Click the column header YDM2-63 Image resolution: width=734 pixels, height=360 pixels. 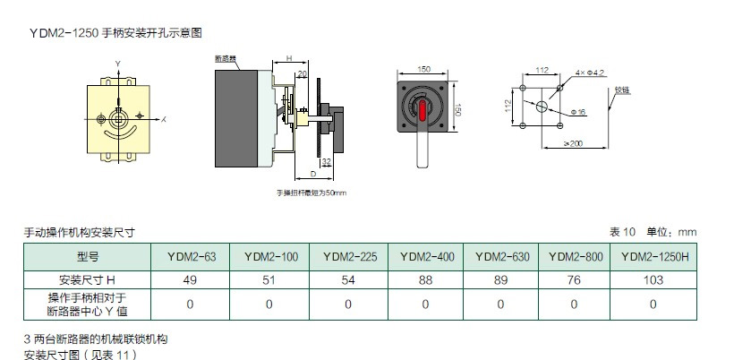pyautogui.click(x=191, y=256)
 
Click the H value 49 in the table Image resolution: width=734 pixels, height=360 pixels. pyautogui.click(x=191, y=279)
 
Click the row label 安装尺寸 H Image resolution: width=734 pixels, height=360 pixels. pyautogui.click(x=88, y=279)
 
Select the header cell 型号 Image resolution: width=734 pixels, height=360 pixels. pyautogui.click(x=88, y=256)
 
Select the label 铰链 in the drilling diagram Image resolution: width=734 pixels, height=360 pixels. pyautogui.click(x=623, y=90)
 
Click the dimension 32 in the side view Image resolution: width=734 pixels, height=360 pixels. pyautogui.click(x=326, y=162)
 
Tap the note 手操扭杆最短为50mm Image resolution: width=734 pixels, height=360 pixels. pyautogui.click(x=310, y=193)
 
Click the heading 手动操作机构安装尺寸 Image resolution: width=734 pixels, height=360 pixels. pyautogui.click(x=79, y=232)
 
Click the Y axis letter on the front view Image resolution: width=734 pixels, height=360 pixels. pyautogui.click(x=118, y=63)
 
